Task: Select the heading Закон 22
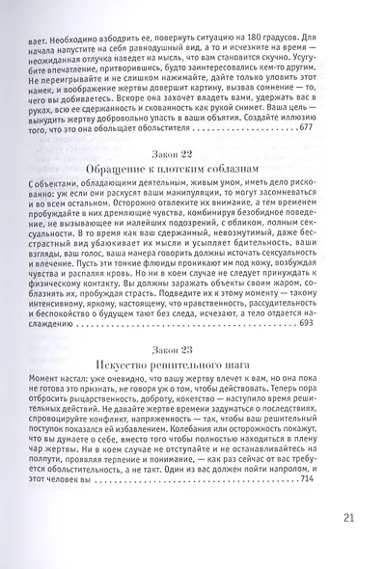[193, 156]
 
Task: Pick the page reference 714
[309, 479]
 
